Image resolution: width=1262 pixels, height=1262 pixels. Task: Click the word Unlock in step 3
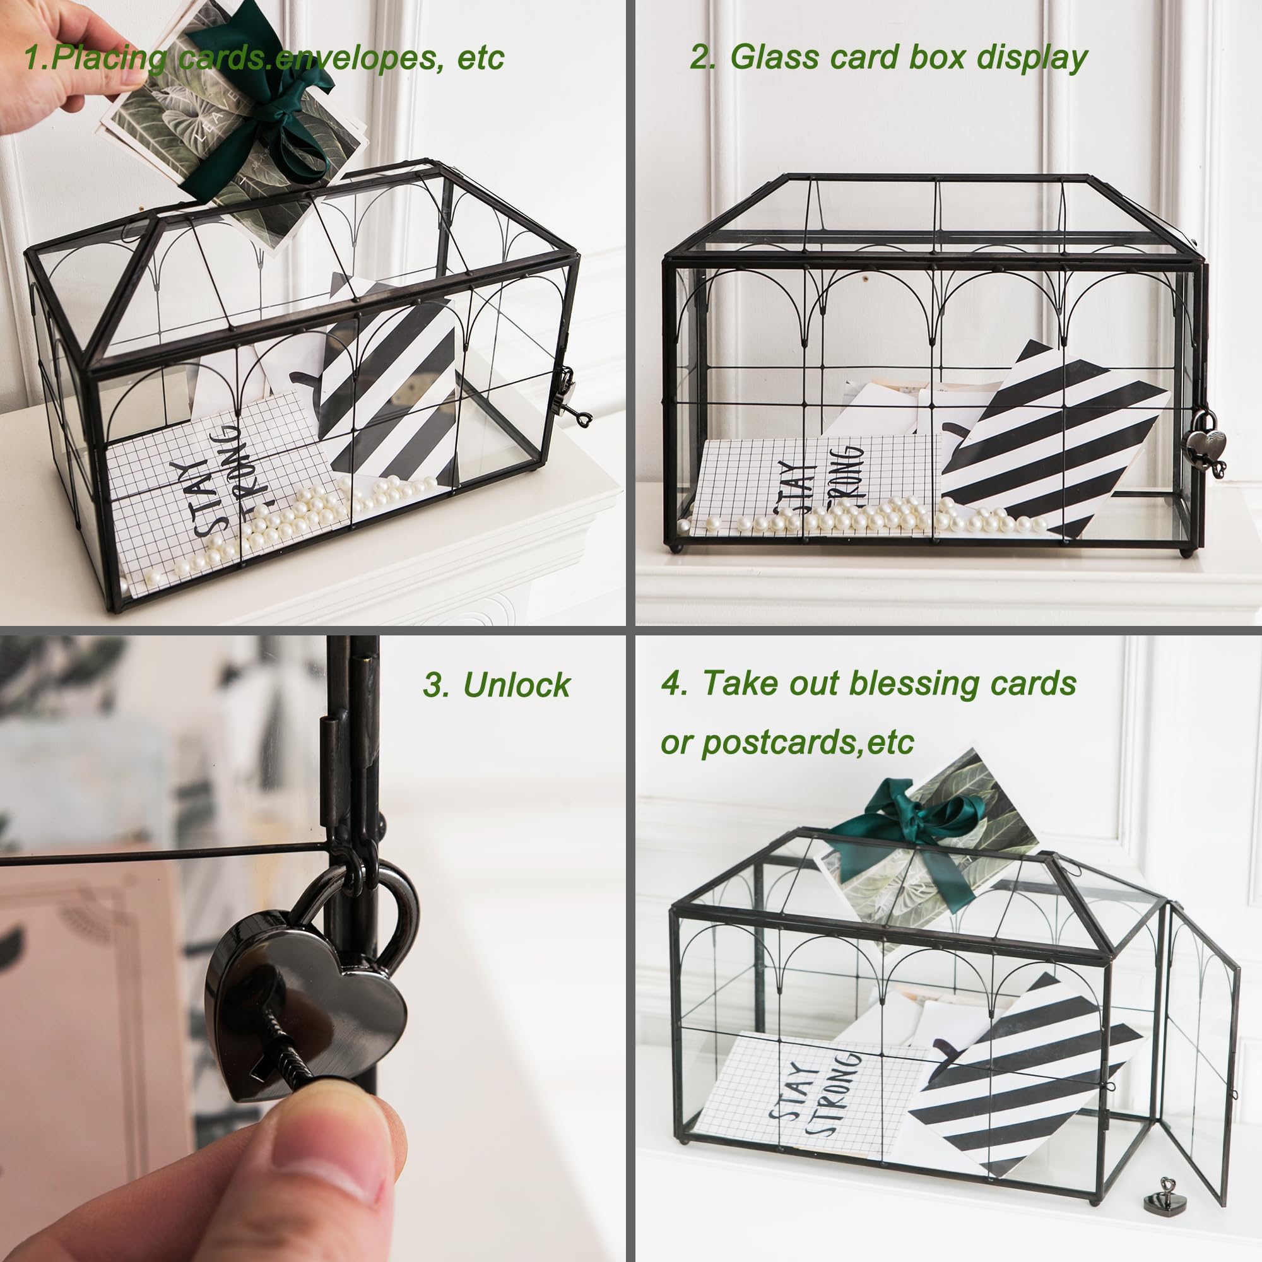click(x=516, y=685)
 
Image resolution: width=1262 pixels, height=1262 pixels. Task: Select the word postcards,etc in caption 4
click(x=808, y=742)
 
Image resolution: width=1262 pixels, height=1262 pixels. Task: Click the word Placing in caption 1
click(x=109, y=59)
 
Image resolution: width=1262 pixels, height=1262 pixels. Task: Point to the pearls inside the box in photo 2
click(x=869, y=519)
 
